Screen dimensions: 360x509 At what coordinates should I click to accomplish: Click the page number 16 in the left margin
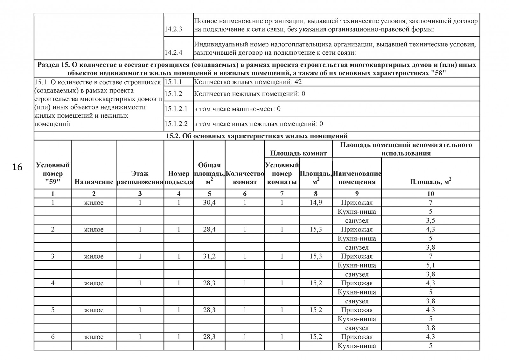17,167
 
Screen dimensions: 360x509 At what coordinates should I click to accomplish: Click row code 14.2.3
173,30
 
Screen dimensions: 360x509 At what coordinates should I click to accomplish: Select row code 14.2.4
173,52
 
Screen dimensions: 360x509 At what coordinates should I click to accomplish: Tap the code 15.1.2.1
176,109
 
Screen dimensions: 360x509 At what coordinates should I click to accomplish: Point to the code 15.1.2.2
176,124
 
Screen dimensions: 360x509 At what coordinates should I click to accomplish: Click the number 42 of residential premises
298,82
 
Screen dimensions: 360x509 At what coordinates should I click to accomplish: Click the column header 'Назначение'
94,182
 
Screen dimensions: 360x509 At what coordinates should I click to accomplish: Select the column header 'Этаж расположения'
140,178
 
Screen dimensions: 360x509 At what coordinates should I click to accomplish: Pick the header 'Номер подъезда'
178,178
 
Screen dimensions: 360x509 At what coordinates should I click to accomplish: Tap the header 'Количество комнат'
245,178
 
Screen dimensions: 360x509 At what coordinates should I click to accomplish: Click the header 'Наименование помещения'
357,178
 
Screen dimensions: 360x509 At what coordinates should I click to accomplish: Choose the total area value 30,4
209,203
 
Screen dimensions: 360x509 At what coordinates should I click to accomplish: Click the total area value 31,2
209,256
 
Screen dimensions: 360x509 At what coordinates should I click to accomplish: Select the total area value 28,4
209,229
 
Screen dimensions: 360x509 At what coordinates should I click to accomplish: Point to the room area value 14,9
316,203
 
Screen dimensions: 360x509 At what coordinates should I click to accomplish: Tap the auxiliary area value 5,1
430,265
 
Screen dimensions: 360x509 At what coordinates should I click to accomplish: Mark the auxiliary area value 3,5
430,220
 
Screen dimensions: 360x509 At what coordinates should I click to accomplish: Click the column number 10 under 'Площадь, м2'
430,194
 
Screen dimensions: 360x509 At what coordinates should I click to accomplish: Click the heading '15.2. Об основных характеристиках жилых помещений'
257,136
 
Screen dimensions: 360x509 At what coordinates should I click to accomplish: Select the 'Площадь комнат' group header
298,153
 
